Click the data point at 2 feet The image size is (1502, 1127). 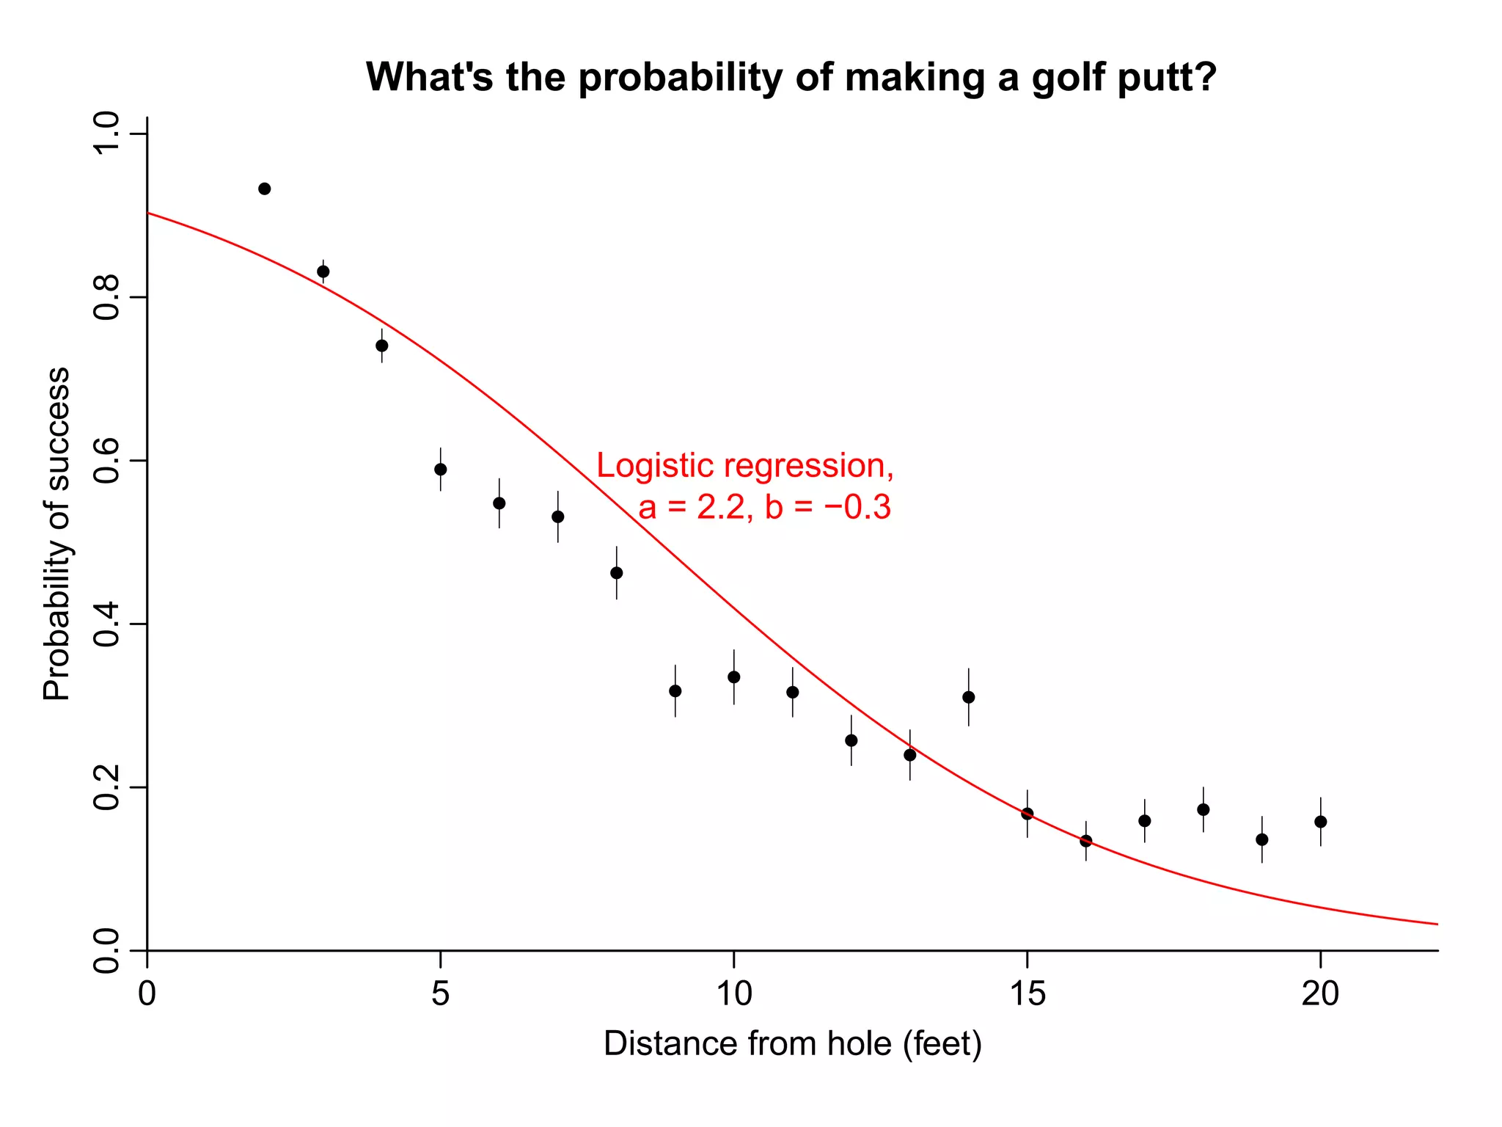click(x=265, y=189)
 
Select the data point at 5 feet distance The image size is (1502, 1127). click(x=441, y=470)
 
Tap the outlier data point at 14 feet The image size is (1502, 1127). click(x=969, y=697)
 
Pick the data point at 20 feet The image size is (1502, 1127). click(x=1321, y=822)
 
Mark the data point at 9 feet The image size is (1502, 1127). click(x=675, y=691)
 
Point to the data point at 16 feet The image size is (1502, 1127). click(x=1086, y=841)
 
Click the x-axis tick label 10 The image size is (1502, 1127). click(x=734, y=994)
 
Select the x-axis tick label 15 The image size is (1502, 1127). click(x=1027, y=994)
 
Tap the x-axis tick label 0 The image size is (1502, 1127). click(x=147, y=994)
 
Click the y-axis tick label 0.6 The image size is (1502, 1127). click(x=108, y=461)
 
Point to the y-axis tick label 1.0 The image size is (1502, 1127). click(x=108, y=134)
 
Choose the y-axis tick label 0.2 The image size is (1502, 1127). click(x=108, y=787)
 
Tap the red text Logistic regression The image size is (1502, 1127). click(x=744, y=466)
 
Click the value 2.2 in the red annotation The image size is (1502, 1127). click(x=720, y=508)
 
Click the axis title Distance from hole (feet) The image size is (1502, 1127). click(x=792, y=1044)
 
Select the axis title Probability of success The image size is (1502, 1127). click(x=56, y=534)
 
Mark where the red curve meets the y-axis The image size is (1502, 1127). click(x=148, y=213)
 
